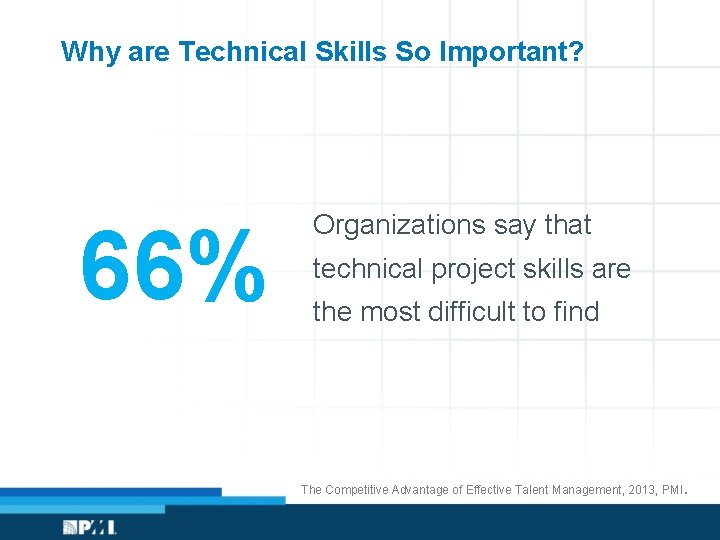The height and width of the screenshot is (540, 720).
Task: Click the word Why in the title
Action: click(88, 51)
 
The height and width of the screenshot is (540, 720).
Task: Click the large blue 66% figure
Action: click(172, 267)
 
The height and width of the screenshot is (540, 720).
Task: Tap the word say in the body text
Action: click(515, 226)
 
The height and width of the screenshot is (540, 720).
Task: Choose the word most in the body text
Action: click(391, 312)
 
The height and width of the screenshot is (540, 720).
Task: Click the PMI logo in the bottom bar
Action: click(90, 526)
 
